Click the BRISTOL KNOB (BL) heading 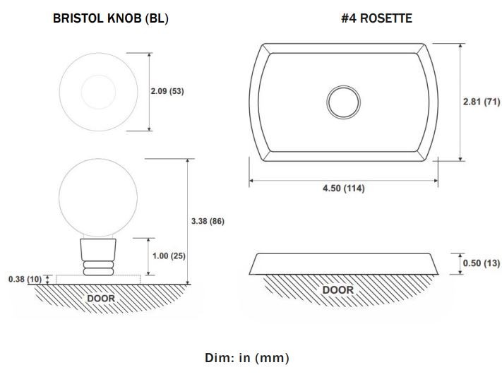point(110,18)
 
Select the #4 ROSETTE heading point(376,18)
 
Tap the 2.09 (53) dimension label point(167,91)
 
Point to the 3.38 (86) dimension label point(208,221)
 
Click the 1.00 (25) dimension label point(169,256)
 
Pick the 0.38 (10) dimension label point(25,279)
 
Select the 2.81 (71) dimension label point(482,102)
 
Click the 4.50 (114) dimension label point(344,188)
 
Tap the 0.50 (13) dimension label point(482,263)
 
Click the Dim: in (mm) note point(247,358)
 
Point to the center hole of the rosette point(344,102)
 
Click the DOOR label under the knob point(101,299)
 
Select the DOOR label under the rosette point(338,290)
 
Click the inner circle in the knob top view point(98,76)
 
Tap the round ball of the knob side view point(98,160)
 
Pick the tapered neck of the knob point(98,250)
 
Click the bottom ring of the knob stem point(98,272)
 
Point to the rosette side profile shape point(344,264)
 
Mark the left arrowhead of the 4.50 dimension point(251,181)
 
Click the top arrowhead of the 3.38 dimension point(188,161)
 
